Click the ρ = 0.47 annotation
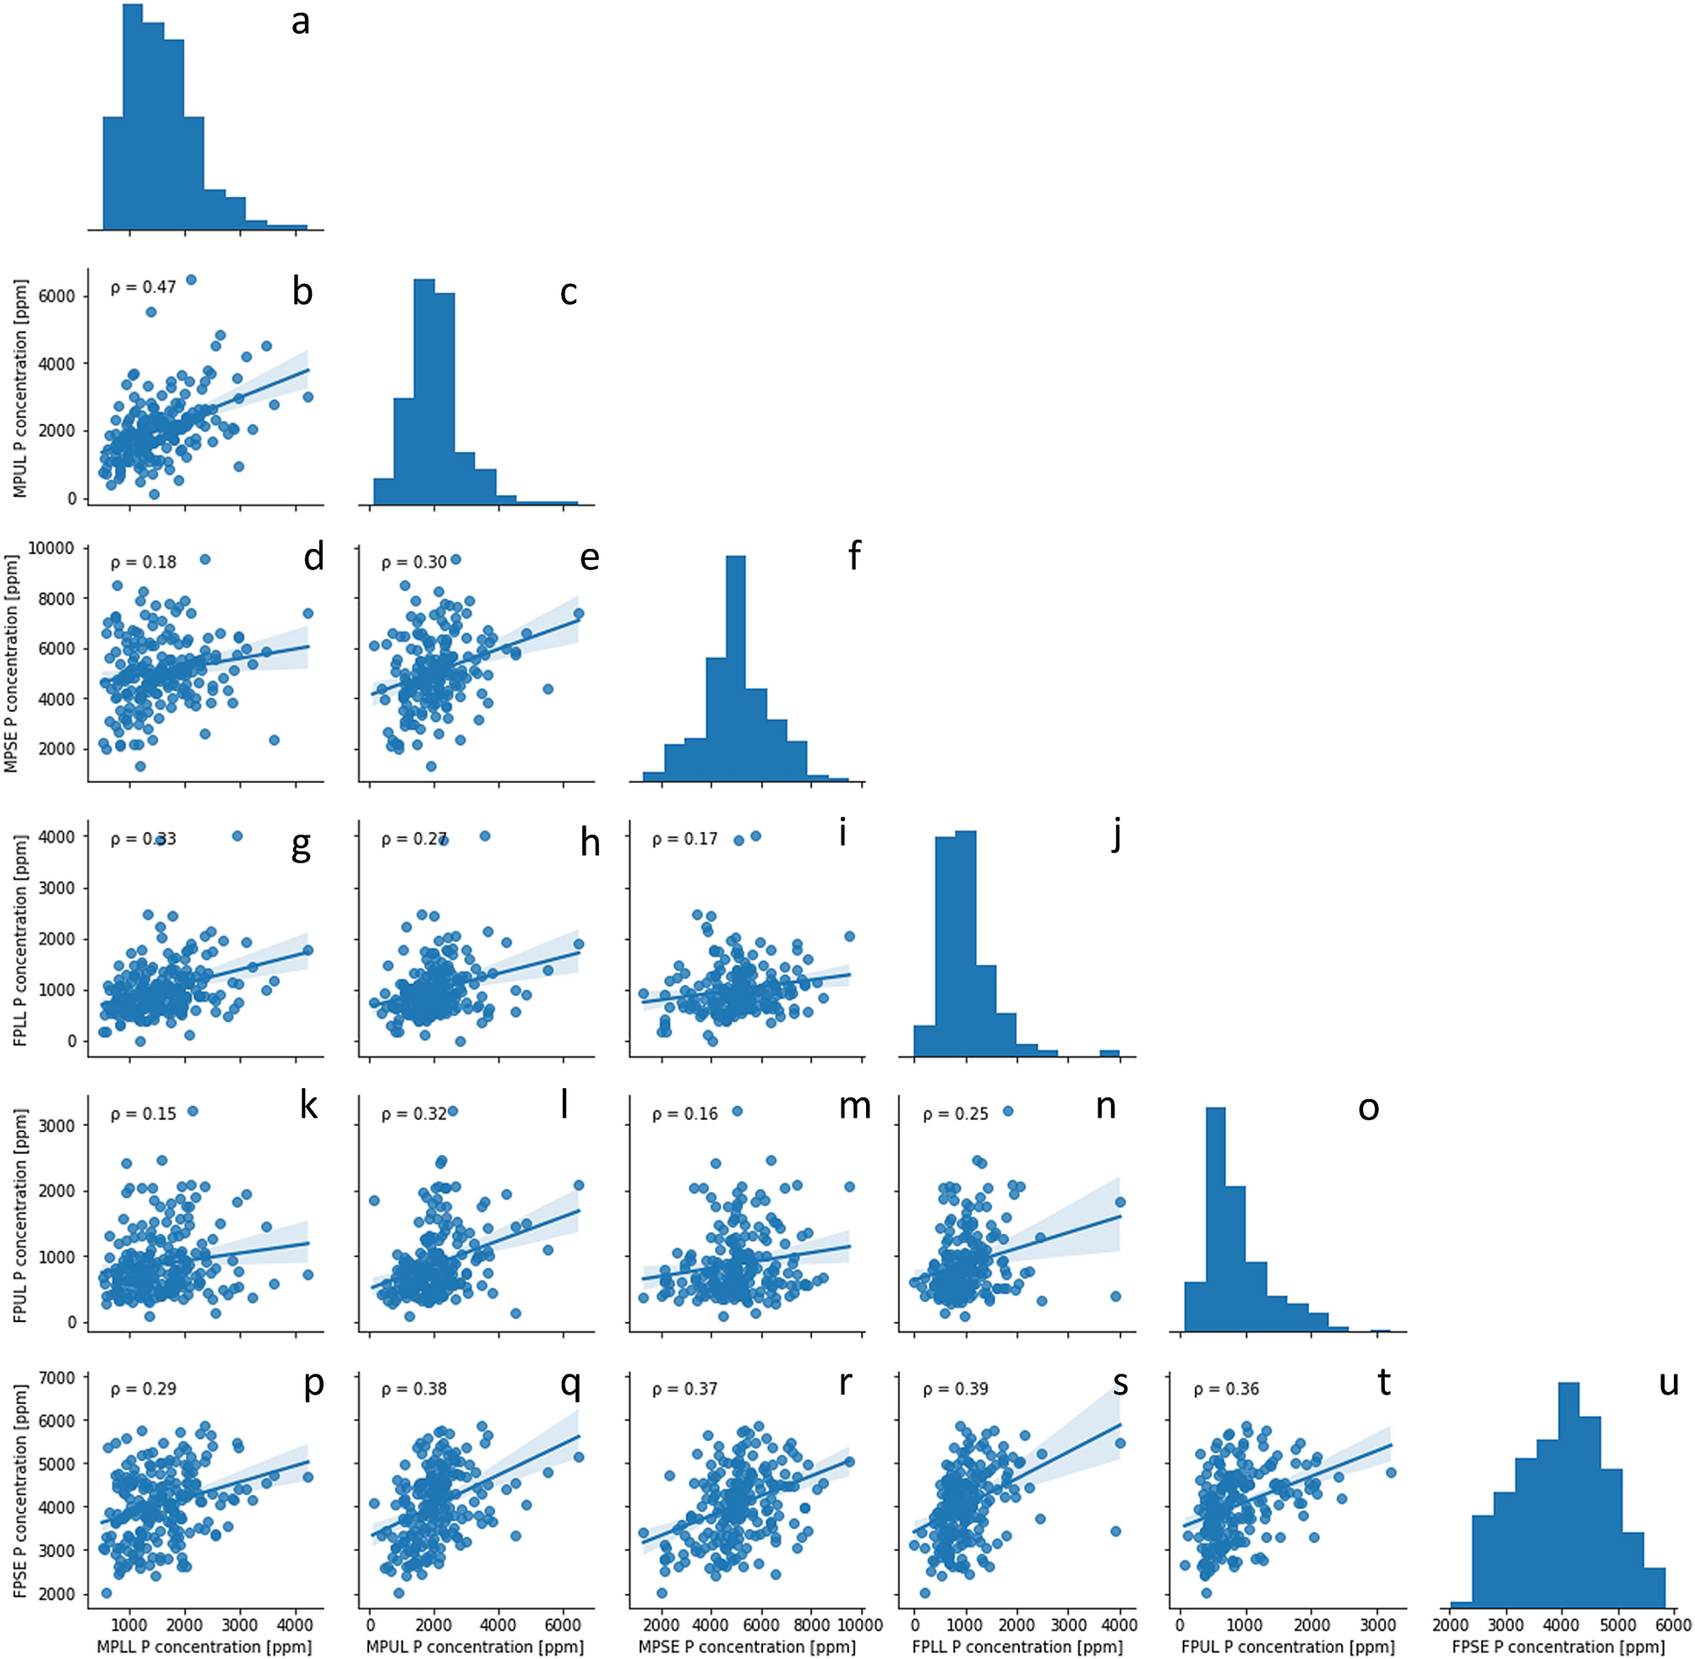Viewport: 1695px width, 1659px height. tap(143, 286)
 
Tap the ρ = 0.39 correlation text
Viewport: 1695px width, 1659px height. tap(955, 1388)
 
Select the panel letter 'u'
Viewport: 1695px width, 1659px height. tap(1668, 1382)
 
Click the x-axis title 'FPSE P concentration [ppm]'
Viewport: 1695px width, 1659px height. tap(1558, 1646)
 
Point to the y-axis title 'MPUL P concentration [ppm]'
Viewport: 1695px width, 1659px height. tap(20, 389)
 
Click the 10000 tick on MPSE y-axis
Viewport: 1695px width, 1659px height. tap(54, 548)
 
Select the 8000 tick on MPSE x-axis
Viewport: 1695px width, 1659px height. tap(811, 1625)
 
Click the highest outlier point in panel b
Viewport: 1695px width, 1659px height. tap(191, 280)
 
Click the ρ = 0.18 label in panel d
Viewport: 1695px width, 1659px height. tap(143, 562)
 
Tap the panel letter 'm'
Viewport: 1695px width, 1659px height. tap(854, 1106)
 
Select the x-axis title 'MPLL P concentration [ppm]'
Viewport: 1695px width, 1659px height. tap(204, 1646)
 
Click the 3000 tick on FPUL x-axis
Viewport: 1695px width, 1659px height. tap(1378, 1625)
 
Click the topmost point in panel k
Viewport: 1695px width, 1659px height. tap(193, 1111)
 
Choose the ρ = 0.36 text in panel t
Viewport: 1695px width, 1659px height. tap(1226, 1388)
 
